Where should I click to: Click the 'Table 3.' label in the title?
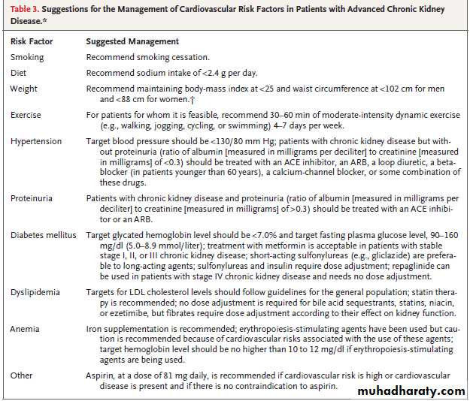26,9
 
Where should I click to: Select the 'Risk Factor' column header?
29,41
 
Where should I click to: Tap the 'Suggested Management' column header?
132,41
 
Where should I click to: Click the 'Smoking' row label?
27,57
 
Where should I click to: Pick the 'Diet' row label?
18,73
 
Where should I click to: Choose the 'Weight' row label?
23,89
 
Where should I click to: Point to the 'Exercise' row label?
26,115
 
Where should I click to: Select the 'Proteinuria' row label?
32,199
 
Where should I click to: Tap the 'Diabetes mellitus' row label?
44,235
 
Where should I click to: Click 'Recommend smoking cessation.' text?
147,57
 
